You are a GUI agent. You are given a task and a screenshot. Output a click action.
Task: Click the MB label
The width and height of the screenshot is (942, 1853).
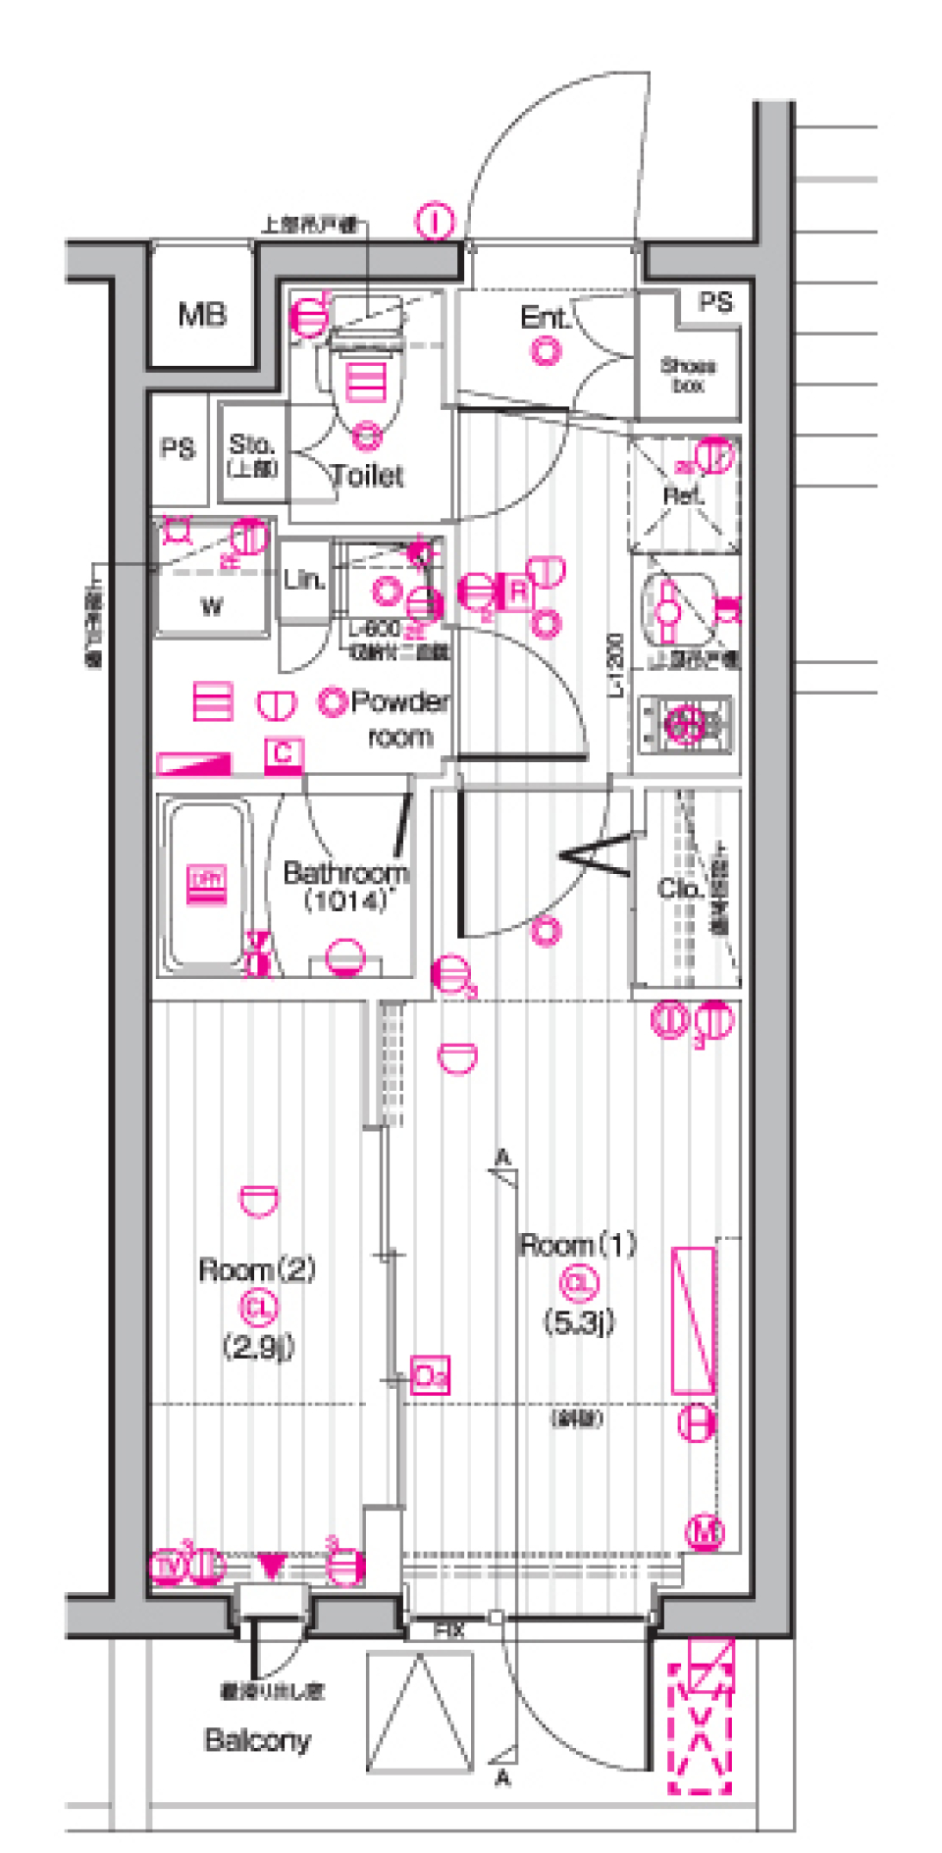[x=202, y=314]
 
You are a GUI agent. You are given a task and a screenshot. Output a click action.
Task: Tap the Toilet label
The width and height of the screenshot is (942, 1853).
[x=367, y=476]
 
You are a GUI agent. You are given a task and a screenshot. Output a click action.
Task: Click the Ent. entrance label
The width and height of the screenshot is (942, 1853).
[x=546, y=318]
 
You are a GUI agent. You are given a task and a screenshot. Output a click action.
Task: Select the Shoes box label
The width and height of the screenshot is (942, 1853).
[x=688, y=375]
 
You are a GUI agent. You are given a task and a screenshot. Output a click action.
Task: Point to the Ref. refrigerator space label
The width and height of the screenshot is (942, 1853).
[x=683, y=495]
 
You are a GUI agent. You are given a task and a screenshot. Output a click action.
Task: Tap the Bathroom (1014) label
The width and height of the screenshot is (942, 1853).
[x=344, y=886]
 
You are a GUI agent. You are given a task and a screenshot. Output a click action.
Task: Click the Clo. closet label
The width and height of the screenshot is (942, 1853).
[x=680, y=889]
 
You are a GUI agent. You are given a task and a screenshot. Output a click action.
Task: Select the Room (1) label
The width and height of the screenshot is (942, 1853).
[x=578, y=1245]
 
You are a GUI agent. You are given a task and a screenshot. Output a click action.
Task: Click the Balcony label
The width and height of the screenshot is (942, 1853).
[x=257, y=1740]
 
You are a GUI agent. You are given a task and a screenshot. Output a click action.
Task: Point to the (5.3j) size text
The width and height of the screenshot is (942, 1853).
[x=579, y=1321]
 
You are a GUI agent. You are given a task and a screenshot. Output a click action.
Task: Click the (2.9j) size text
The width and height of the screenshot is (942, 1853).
[x=258, y=1347]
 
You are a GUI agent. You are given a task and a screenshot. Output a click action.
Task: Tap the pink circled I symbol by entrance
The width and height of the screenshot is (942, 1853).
[x=435, y=222]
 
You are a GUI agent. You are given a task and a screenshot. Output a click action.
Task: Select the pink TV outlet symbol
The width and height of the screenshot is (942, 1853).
[x=168, y=1567]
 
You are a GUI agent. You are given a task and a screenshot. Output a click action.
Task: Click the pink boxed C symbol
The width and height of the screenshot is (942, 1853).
[x=284, y=752]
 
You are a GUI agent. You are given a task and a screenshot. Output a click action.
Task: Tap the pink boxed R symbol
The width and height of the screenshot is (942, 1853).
[x=518, y=592]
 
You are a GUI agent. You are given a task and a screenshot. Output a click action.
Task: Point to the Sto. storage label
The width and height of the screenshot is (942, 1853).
[x=252, y=453]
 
